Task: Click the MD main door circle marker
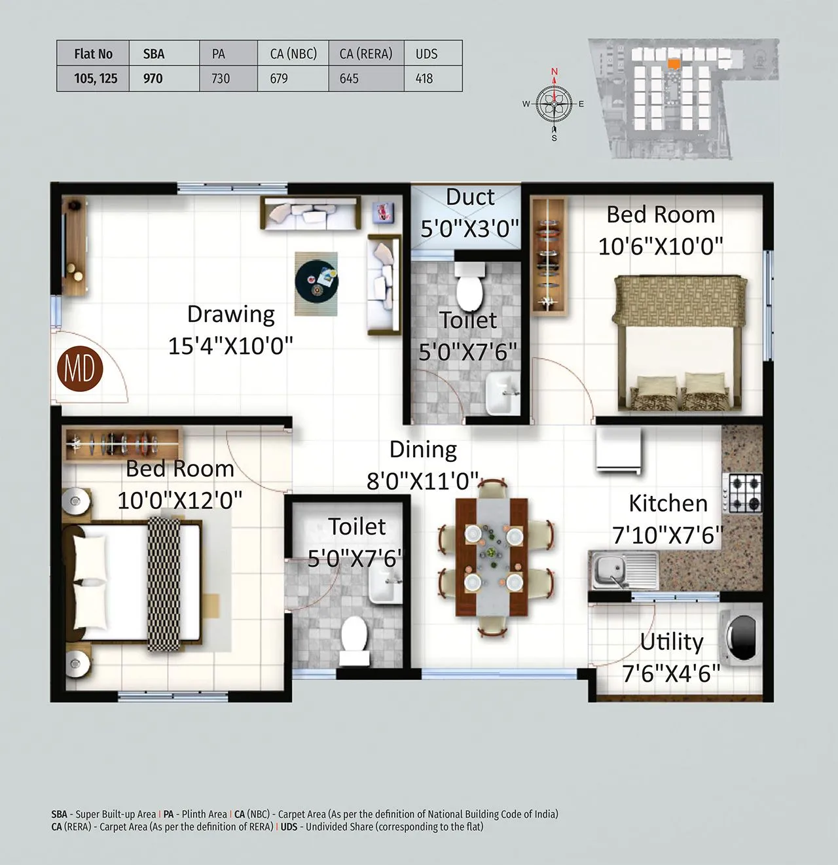coord(79,368)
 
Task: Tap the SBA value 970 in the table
coord(153,79)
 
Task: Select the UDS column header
coord(426,54)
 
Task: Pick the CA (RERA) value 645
coord(349,79)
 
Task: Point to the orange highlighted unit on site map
coord(673,63)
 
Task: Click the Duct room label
coord(470,197)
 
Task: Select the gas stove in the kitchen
coord(743,493)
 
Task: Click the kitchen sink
coord(623,568)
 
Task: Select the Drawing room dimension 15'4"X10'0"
coord(230,345)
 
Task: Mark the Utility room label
coord(672,642)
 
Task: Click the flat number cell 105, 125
coord(96,79)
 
